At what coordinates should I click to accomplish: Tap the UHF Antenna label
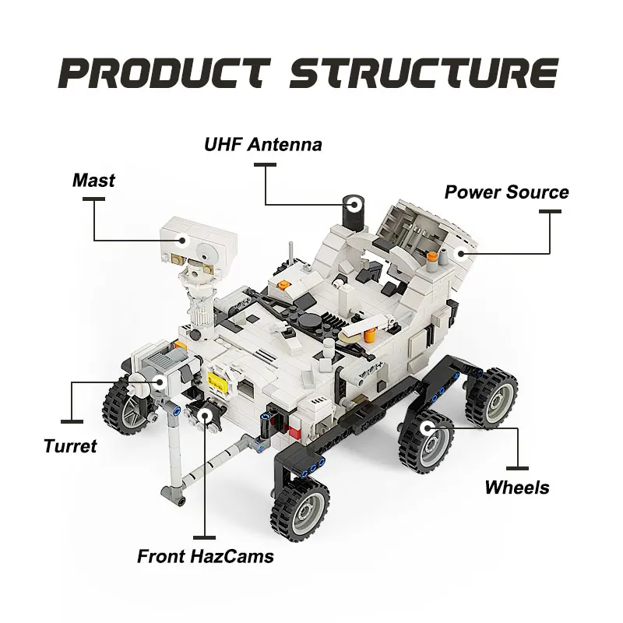263,145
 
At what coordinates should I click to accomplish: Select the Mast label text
93,181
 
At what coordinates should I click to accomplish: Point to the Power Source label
506,192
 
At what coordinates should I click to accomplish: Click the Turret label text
70,446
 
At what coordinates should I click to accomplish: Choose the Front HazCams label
206,557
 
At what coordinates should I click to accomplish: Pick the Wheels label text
517,488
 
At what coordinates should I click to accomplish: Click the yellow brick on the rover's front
219,381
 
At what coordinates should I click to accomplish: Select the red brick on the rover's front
294,430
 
